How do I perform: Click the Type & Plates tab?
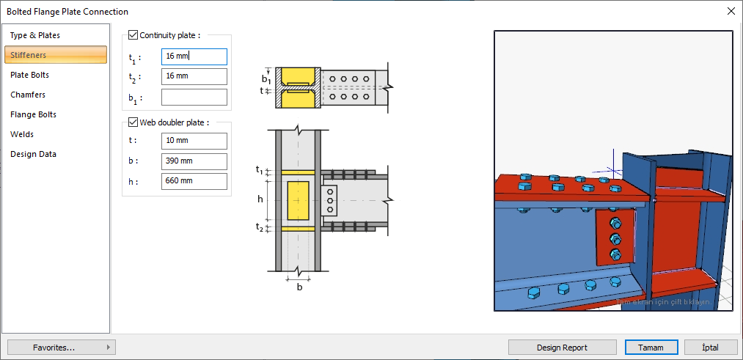pos(35,35)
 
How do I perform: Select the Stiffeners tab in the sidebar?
pos(29,55)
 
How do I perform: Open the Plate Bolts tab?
pos(30,75)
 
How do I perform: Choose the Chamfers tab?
pos(28,95)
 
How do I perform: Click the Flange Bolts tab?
pos(33,114)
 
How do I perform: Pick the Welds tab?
pos(22,134)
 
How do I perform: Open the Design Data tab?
pos(33,154)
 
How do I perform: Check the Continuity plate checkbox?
pos(133,34)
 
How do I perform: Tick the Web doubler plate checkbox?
pos(133,122)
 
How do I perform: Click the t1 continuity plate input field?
pos(194,56)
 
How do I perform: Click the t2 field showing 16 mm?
pos(194,76)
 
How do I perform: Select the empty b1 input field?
pos(194,97)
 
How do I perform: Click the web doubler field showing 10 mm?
pos(194,141)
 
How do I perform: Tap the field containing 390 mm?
pos(194,161)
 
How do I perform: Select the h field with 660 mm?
pos(194,181)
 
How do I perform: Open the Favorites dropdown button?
pos(61,348)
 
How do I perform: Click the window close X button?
pos(731,11)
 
